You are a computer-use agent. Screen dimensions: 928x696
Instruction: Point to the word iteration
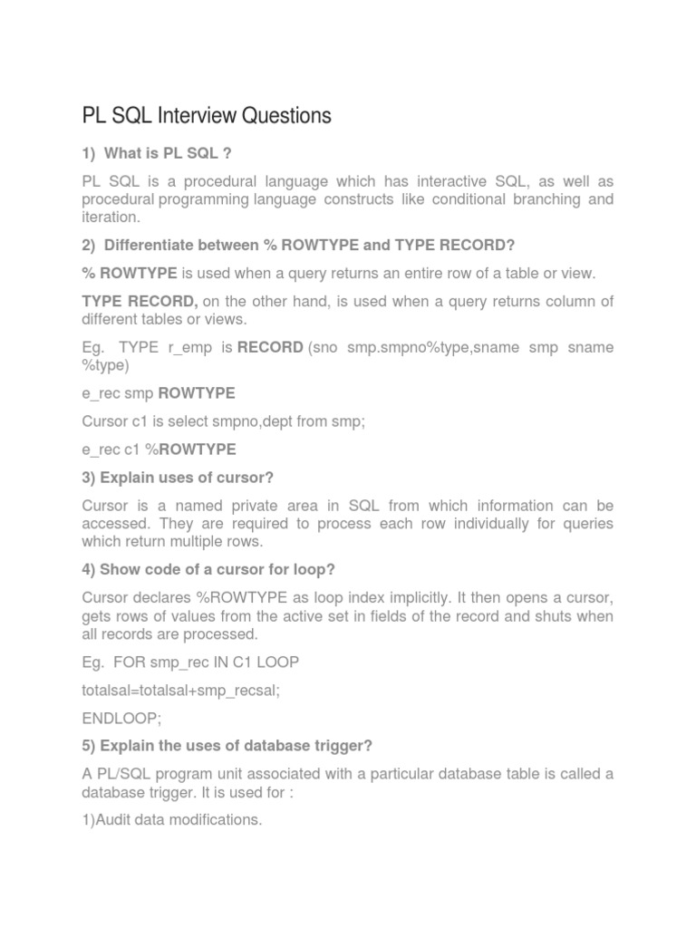click(111, 217)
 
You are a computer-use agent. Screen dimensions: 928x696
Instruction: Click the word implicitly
click(413, 597)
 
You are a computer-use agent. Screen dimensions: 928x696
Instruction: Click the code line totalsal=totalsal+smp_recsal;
click(181, 690)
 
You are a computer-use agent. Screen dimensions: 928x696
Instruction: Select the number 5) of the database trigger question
click(89, 746)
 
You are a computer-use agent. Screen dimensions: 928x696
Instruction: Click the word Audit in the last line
click(119, 820)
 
